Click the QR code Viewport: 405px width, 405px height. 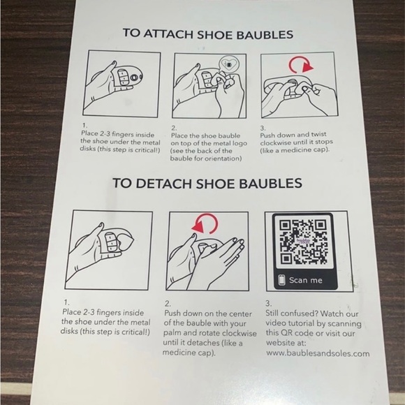pyautogui.click(x=304, y=242)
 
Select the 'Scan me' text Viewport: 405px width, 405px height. pyautogui.click(x=306, y=280)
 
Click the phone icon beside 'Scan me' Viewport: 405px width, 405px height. pyautogui.click(x=282, y=280)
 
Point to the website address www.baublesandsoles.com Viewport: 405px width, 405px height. pyautogui.click(x=318, y=353)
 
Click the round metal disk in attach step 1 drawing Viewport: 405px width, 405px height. pyautogui.click(x=134, y=78)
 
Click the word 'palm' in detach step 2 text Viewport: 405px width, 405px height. pyautogui.click(x=171, y=334)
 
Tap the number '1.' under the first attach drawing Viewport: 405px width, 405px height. pyautogui.click(x=84, y=126)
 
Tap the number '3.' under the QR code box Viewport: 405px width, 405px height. pyautogui.click(x=269, y=303)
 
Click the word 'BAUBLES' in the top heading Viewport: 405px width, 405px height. pyautogui.click(x=265, y=35)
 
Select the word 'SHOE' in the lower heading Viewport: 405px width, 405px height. pyautogui.click(x=215, y=184)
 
